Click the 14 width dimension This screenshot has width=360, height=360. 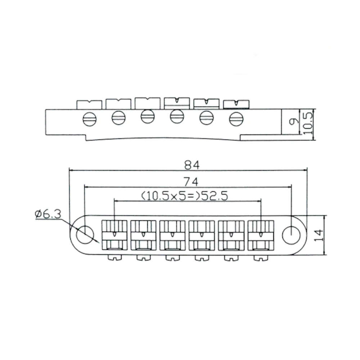click(318, 235)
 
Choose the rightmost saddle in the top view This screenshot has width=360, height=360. click(260, 235)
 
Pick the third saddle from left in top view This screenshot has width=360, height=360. click(172, 235)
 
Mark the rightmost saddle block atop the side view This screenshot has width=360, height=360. click(236, 104)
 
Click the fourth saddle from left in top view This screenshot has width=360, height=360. click(202, 235)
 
